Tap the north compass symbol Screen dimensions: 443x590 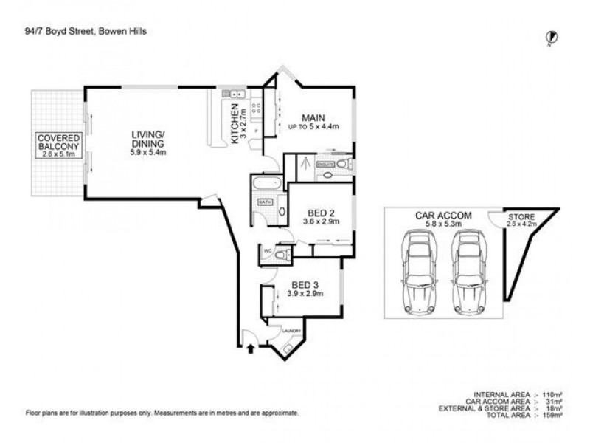point(551,36)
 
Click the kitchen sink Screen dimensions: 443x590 point(235,95)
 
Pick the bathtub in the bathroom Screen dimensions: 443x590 point(265,183)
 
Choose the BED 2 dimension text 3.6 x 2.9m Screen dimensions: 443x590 point(319,221)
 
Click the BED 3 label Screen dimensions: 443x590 point(305,284)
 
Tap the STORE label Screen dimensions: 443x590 point(520,217)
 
